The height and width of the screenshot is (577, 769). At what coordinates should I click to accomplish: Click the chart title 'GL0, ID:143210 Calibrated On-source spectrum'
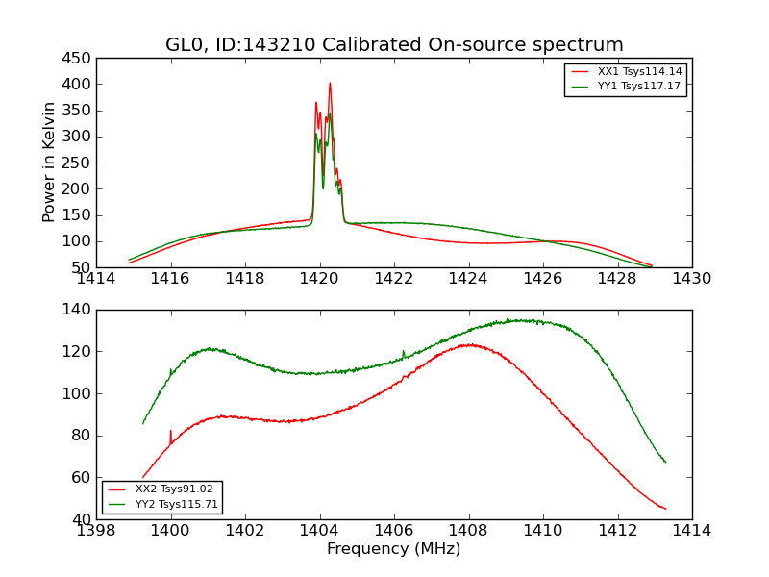pos(394,45)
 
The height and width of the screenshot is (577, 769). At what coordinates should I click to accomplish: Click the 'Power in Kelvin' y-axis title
pos(49,163)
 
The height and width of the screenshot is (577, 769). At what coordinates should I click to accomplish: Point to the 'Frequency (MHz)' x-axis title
pos(394,549)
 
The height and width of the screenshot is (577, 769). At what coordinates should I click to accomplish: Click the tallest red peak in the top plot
pos(330,84)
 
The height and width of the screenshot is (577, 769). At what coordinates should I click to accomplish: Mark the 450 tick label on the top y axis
pos(77,59)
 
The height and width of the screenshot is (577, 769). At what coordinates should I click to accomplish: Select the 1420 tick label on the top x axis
pos(319,279)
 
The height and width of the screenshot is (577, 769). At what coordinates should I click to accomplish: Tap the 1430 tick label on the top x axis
pos(691,279)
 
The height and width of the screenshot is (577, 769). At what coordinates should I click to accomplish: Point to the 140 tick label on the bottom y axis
pos(77,310)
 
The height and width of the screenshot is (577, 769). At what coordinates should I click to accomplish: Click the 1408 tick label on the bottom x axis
pos(468,531)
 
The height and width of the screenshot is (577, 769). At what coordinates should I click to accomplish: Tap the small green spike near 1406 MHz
pos(403,352)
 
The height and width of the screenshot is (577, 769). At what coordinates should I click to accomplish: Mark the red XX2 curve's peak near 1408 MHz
pos(469,344)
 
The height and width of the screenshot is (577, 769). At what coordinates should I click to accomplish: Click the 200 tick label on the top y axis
pos(77,189)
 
